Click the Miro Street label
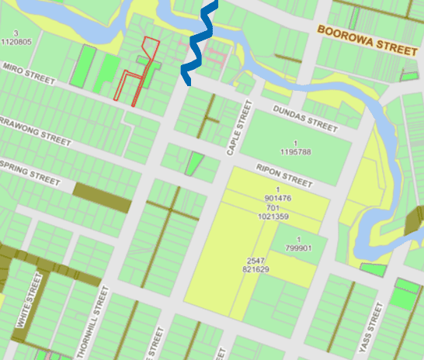coord(30,74)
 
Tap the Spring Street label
coord(30,172)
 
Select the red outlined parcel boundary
coord(137,78)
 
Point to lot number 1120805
coord(16,42)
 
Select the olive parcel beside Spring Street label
coord(102,197)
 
